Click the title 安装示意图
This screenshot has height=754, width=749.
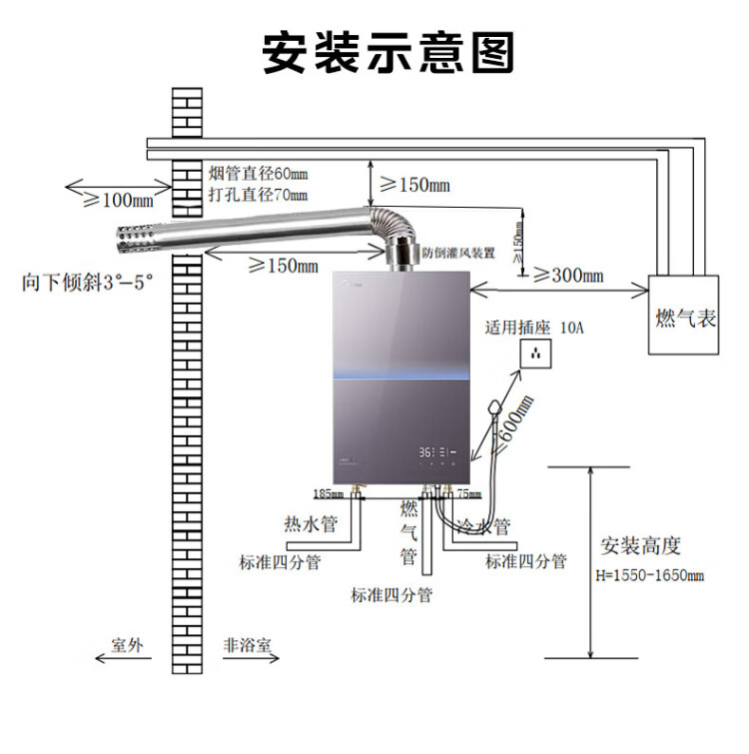[388, 52]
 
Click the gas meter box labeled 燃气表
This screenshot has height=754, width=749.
[685, 317]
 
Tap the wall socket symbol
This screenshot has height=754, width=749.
[540, 353]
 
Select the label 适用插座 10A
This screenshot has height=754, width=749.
[532, 327]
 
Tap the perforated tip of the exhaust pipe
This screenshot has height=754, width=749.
[131, 238]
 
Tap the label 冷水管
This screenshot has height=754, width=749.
[484, 525]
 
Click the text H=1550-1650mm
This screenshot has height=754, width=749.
[650, 575]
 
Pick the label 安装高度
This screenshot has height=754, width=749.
[640, 546]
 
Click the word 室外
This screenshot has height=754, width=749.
[129, 645]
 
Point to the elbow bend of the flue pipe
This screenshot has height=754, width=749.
[389, 225]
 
